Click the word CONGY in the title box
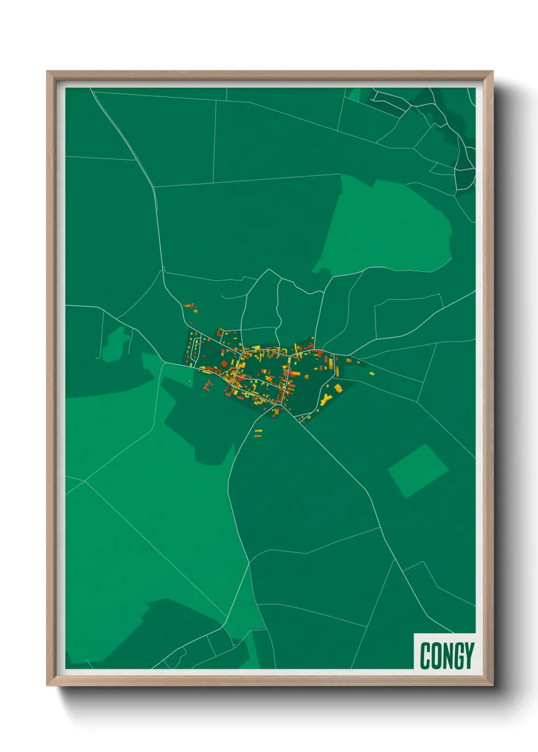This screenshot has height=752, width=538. click(447, 655)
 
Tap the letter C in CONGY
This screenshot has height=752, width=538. click(425, 655)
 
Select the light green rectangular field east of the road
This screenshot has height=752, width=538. click(418, 471)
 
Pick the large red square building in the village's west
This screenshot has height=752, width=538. click(224, 364)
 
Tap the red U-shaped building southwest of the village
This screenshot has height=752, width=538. click(206, 385)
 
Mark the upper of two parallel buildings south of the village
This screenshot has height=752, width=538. click(258, 431)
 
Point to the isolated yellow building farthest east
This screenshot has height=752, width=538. click(372, 374)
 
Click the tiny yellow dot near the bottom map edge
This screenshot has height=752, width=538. click(234, 645)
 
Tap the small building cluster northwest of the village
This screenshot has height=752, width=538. click(191, 307)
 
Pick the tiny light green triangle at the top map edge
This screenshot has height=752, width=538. click(354, 95)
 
